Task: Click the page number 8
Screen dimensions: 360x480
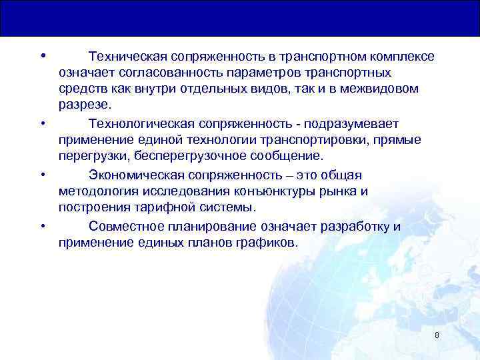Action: pyautogui.click(x=437, y=335)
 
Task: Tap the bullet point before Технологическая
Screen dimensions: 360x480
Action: pyautogui.click(x=42, y=123)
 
